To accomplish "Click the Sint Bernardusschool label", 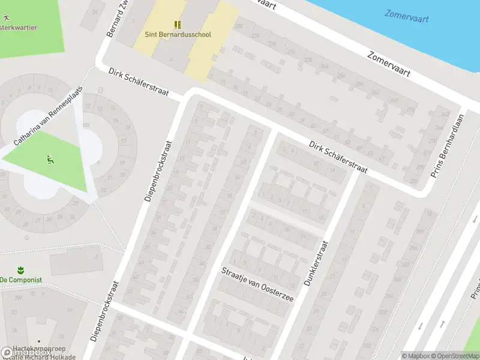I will tap(178, 34).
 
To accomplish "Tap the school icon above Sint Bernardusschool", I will tap(178, 24).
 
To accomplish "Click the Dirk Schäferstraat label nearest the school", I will tap(139, 83).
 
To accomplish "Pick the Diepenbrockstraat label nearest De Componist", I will tap(105, 311).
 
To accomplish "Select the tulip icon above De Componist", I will tap(20, 269).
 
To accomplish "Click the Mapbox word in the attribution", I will tap(418, 356).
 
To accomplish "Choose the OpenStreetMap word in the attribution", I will tap(458, 356).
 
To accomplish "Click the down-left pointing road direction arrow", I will tap(420, 326).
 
